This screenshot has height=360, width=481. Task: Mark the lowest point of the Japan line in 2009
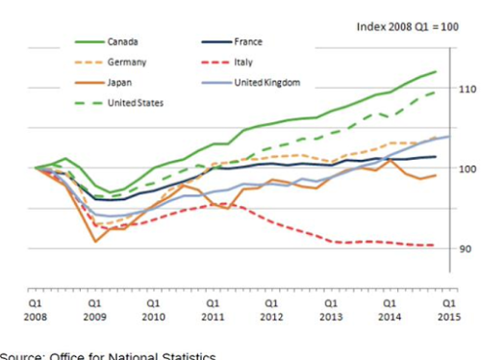tap(95, 241)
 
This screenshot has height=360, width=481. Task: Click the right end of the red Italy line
tap(436, 245)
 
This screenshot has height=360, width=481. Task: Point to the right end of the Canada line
tap(436, 71)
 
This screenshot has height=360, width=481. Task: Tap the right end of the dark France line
tap(436, 157)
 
